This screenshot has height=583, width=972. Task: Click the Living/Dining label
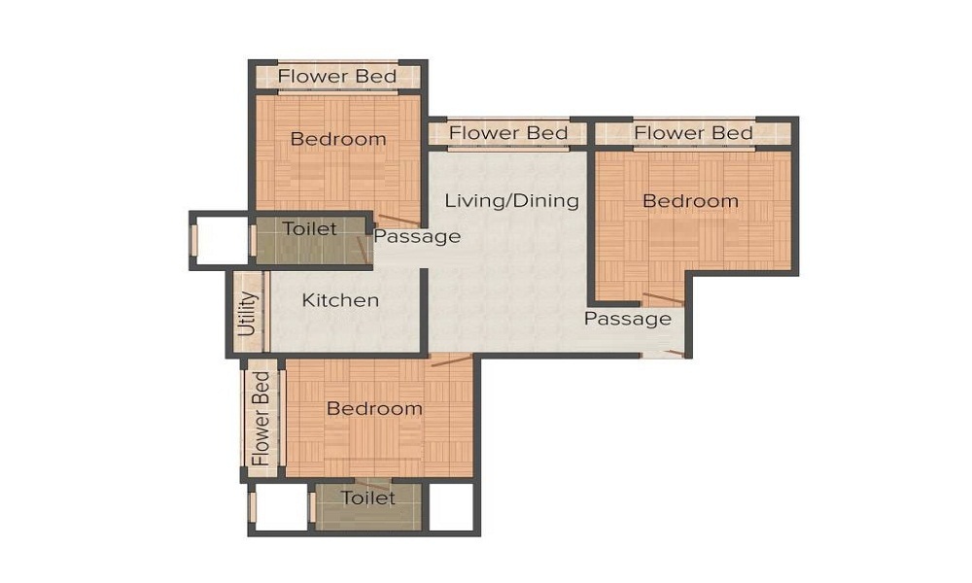coord(511,201)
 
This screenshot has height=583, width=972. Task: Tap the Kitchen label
coord(340,300)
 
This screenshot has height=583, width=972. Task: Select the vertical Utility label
coord(248,313)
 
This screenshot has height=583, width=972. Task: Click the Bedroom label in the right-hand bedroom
coord(690,201)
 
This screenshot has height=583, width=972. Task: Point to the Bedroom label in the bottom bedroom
coord(374,409)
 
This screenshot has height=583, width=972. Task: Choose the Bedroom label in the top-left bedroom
coord(338,139)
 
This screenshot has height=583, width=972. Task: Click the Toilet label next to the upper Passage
coord(309,229)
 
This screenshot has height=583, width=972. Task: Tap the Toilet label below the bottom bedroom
coord(368,498)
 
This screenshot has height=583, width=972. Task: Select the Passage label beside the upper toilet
coord(417,237)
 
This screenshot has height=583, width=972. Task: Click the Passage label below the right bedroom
coord(627,319)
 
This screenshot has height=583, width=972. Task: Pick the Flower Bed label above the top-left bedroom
coord(337,76)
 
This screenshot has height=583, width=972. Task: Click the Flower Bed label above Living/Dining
coord(508,133)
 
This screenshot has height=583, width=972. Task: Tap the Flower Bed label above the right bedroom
coord(693,132)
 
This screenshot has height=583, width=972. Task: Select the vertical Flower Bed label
coord(260,418)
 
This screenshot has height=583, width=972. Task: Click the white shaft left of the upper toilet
coord(222,240)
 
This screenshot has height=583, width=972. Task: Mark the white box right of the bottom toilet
coord(451,506)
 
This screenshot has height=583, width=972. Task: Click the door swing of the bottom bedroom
coord(451,360)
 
